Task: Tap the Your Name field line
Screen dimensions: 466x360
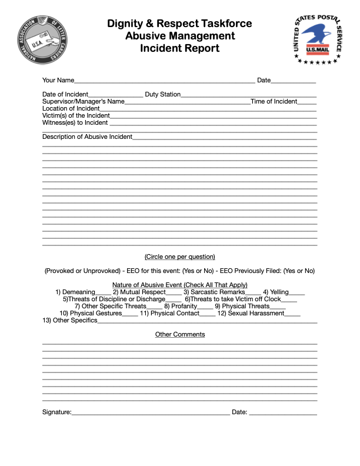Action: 165,81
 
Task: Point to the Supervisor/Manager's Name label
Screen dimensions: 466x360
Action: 84,102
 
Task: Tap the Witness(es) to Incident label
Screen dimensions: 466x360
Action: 75,123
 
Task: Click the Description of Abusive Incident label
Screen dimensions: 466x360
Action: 88,137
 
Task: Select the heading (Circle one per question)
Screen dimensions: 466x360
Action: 180,257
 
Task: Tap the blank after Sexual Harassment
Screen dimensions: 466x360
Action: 292,314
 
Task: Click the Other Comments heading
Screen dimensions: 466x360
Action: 180,335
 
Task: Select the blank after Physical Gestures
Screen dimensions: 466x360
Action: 130,314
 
